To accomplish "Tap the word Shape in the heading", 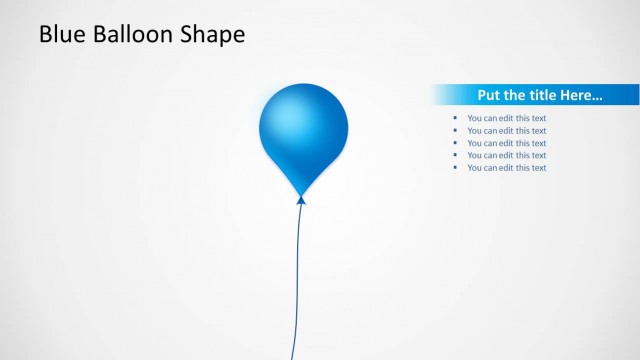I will coord(212,36).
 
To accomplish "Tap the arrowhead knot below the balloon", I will coord(301,201).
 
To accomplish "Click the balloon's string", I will coord(297,280).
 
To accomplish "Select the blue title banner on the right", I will coord(535,95).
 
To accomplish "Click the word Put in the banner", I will coord(489,96).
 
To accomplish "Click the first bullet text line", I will coord(506,118).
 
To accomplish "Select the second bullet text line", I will coord(506,130).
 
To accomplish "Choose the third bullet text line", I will coord(506,143).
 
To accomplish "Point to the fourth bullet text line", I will coord(506,155).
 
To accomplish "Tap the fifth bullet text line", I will coord(506,167).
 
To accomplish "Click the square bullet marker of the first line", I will coord(455,118).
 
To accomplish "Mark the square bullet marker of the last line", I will coord(455,167).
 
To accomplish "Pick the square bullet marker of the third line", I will coord(455,143).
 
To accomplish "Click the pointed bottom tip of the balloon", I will coord(301,193).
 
